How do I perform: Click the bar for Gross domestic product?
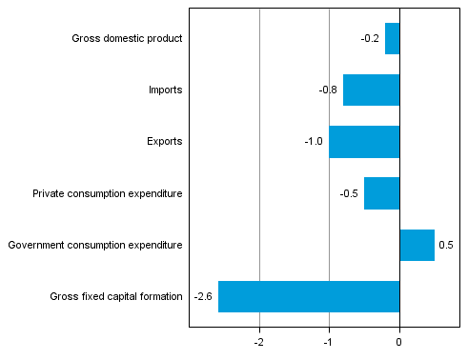pos(392,39)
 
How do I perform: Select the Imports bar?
pos(371,90)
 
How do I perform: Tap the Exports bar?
pos(364,142)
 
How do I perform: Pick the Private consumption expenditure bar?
pos(381,193)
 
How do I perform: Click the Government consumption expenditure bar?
pos(417,245)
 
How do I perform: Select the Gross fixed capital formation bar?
pos(309,296)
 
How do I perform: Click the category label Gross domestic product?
pos(127,39)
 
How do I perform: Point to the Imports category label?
pos(165,90)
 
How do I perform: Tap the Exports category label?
pos(164,142)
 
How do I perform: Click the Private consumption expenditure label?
pos(107,194)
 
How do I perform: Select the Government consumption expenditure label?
pos(94,246)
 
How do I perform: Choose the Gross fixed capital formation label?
pos(116,297)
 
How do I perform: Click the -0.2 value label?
pos(370,39)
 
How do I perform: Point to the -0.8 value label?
pos(328,90)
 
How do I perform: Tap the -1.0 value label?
pos(314,142)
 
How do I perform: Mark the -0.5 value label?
pos(349,193)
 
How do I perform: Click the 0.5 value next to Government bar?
pos(445,245)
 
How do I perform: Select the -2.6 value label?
pos(202,296)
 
